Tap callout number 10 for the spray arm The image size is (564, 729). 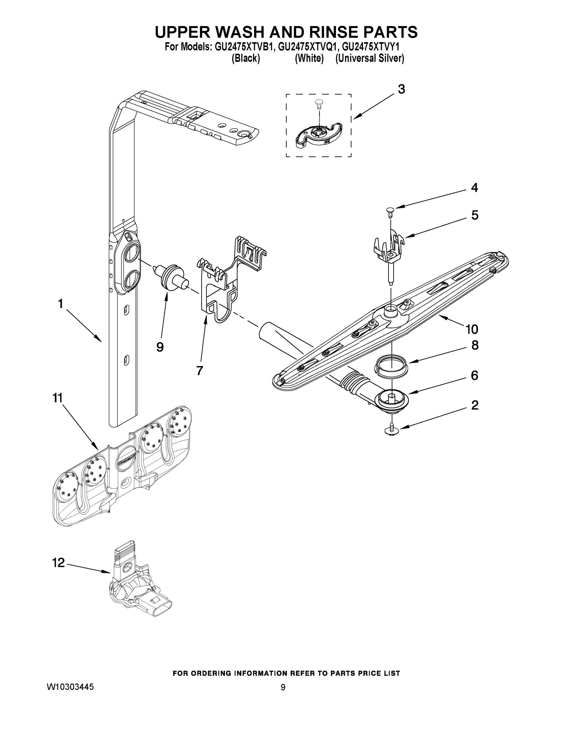[472, 329]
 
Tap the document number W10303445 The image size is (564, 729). [70, 686]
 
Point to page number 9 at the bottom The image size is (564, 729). [283, 687]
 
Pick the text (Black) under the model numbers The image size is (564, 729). [246, 58]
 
